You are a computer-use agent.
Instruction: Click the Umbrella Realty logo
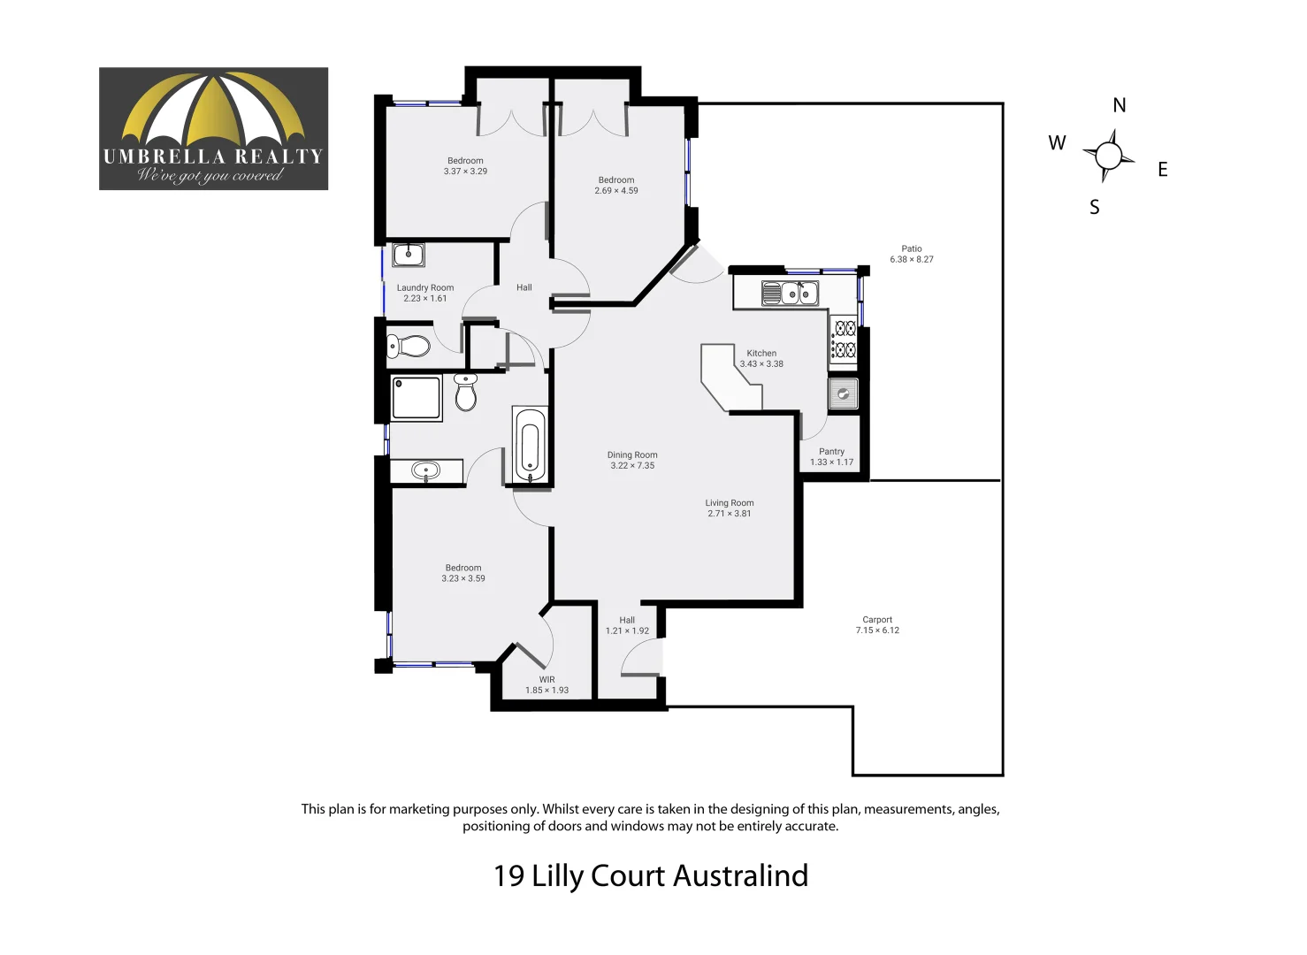pyautogui.click(x=213, y=128)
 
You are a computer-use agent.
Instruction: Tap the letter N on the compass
pyautogui.click(x=1119, y=105)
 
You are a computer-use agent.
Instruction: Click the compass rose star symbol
pyautogui.click(x=1108, y=156)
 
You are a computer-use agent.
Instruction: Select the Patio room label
pyautogui.click(x=911, y=248)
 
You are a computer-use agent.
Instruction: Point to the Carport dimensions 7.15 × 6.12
pyautogui.click(x=877, y=630)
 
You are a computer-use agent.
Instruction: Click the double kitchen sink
pyautogui.click(x=790, y=293)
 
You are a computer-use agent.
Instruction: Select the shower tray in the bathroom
pyautogui.click(x=417, y=398)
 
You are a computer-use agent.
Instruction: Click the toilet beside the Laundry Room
pyautogui.click(x=408, y=345)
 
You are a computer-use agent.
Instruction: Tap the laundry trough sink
pyautogui.click(x=409, y=255)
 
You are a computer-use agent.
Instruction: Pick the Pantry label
pyautogui.click(x=831, y=451)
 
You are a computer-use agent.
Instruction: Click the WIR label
pyautogui.click(x=546, y=679)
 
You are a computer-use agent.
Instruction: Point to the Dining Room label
pyautogui.click(x=632, y=455)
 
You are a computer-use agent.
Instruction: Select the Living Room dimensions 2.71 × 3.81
pyautogui.click(x=729, y=514)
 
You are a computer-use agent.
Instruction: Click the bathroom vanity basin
pyautogui.click(x=426, y=471)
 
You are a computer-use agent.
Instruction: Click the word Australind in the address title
pyautogui.click(x=740, y=875)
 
